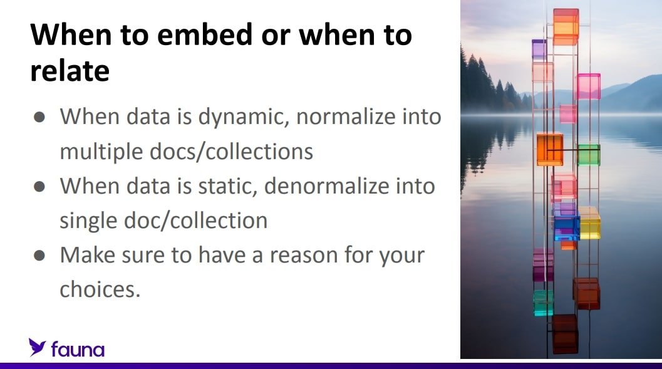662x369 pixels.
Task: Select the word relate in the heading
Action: click(70, 71)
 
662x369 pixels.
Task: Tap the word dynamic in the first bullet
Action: click(244, 117)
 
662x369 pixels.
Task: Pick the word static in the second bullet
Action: click(227, 186)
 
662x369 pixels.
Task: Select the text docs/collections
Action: click(231, 152)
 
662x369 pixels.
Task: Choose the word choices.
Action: click(100, 289)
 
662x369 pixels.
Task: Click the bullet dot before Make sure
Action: click(39, 256)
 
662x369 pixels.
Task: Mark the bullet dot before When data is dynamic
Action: click(39, 117)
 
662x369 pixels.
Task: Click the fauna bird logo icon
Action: click(37, 347)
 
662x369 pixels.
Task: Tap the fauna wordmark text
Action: click(78, 350)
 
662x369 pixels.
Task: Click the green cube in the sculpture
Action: click(589, 155)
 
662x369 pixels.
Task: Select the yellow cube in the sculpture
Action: click(589, 223)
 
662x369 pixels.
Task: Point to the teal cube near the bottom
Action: click(543, 303)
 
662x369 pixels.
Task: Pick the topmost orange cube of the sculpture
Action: click(566, 26)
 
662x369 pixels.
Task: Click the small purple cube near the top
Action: click(539, 49)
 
